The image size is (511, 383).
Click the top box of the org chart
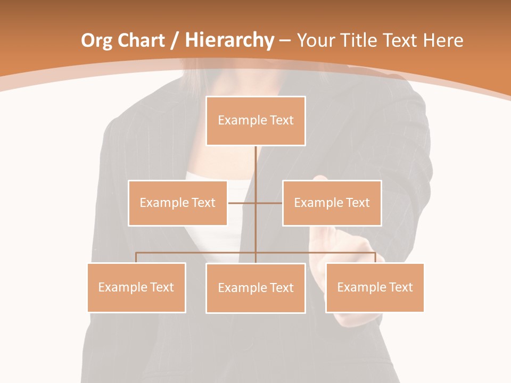(256, 121)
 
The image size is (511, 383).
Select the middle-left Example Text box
(178, 203)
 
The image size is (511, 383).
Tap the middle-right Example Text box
(332, 203)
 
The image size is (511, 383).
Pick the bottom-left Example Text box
(136, 287)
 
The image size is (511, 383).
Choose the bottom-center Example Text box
(256, 288)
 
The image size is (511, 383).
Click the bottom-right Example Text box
(375, 287)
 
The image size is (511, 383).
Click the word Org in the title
(96, 40)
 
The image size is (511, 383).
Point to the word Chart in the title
(141, 40)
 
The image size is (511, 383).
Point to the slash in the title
(174, 41)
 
